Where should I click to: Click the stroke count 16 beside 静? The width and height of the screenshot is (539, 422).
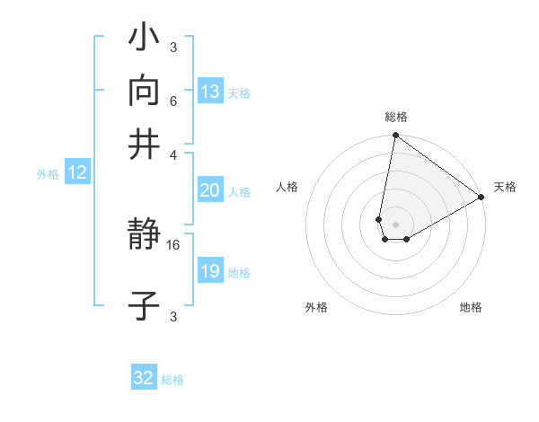[173, 244]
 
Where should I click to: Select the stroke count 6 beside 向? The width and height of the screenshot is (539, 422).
[172, 101]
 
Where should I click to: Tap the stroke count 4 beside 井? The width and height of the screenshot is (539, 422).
[172, 154]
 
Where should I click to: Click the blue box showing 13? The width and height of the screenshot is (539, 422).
[210, 92]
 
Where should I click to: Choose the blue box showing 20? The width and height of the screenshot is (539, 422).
[210, 190]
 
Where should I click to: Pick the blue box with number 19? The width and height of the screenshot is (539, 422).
[210, 271]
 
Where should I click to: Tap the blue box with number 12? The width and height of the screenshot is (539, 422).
[77, 173]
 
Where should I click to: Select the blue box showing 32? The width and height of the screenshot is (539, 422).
[144, 378]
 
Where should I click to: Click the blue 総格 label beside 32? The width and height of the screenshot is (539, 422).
[172, 380]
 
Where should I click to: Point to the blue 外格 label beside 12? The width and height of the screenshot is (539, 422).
[48, 174]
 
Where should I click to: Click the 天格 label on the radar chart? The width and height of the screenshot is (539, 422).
[505, 187]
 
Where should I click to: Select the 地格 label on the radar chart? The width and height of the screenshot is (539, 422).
[471, 307]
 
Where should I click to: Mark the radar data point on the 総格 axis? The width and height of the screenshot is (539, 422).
[395, 136]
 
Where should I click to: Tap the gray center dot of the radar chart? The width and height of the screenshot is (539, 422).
[395, 224]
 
